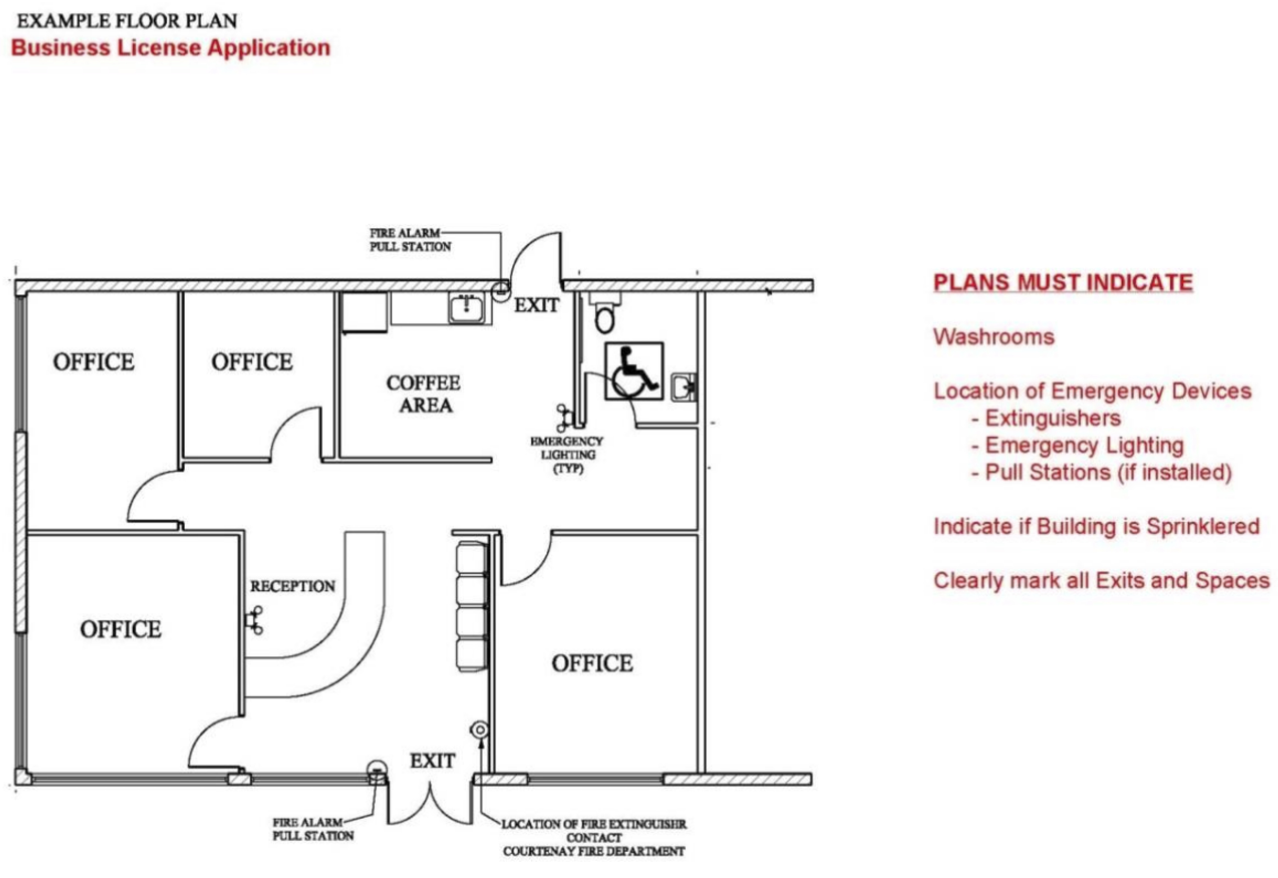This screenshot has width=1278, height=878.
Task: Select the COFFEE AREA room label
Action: pyautogui.click(x=424, y=394)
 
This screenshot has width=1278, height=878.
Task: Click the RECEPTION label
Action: pyautogui.click(x=293, y=586)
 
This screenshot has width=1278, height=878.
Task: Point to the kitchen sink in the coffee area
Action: pyautogui.click(x=466, y=308)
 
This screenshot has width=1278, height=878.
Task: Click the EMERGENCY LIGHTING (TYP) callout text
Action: pyautogui.click(x=567, y=455)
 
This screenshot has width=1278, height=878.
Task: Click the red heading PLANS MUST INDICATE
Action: pyautogui.click(x=1063, y=283)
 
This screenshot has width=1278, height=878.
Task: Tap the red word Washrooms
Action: pyautogui.click(x=994, y=337)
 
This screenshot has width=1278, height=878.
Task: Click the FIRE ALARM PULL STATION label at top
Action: pyautogui.click(x=411, y=240)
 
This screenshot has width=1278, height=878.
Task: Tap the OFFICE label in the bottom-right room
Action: pyautogui.click(x=593, y=663)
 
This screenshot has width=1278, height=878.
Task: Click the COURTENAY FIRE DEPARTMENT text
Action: pyautogui.click(x=593, y=851)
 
